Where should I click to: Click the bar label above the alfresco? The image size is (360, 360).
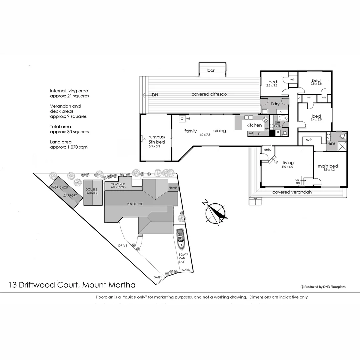coord(211,70)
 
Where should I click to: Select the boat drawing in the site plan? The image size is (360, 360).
coord(181,239)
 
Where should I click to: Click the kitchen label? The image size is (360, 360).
coord(254,125)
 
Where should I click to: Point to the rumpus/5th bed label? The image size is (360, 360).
coord(157,139)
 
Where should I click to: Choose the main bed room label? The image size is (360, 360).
coord(328,166)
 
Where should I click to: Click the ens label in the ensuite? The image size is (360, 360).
coord(332,144)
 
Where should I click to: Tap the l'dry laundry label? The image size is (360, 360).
coord(275,104)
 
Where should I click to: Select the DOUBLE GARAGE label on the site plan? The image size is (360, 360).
coord(92,191)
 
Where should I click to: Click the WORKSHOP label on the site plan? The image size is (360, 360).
coord(59,188)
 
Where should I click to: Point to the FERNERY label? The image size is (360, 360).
coord(174,188)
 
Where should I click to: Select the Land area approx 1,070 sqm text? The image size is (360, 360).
coord(69,144)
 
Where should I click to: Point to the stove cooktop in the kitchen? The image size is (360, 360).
coord(265,119)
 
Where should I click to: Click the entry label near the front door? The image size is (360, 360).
coord(268,150)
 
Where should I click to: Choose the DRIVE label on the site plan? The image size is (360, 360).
coord(123,246)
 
